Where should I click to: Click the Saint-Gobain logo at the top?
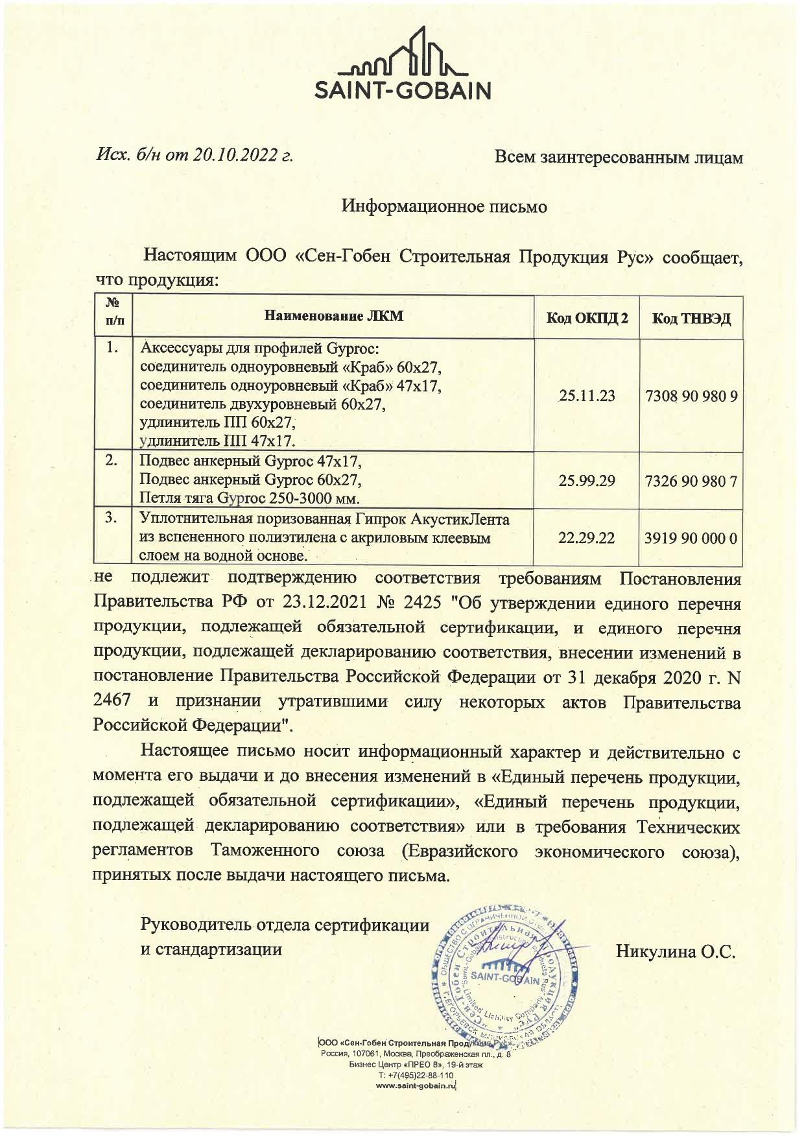click(402, 64)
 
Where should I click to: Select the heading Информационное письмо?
click(444, 207)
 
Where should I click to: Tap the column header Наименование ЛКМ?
click(333, 316)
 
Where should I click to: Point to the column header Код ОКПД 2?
click(586, 318)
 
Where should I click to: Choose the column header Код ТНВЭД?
click(691, 318)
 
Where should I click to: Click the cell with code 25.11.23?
click(586, 396)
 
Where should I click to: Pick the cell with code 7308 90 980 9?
click(691, 396)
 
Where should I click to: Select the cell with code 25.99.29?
click(586, 481)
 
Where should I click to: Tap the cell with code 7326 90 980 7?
click(691, 481)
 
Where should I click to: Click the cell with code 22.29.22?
click(586, 538)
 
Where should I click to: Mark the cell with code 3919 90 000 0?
click(691, 538)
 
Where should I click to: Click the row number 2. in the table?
click(112, 461)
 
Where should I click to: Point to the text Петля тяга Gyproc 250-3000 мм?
click(250, 498)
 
